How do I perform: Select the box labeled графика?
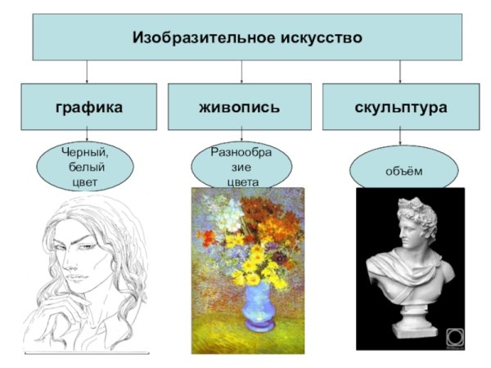point(89,106)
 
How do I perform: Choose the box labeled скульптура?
point(401,106)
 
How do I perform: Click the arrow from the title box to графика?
point(87,71)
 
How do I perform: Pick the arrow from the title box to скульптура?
point(399,71)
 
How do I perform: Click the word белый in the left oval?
point(85,167)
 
